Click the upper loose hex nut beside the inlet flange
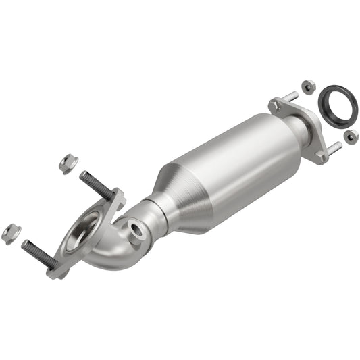pyautogui.click(x=68, y=162)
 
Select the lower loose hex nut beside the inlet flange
pyautogui.click(x=11, y=234)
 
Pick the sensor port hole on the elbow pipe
pyautogui.click(x=137, y=231)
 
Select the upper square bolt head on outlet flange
pyautogui.click(x=276, y=105)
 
